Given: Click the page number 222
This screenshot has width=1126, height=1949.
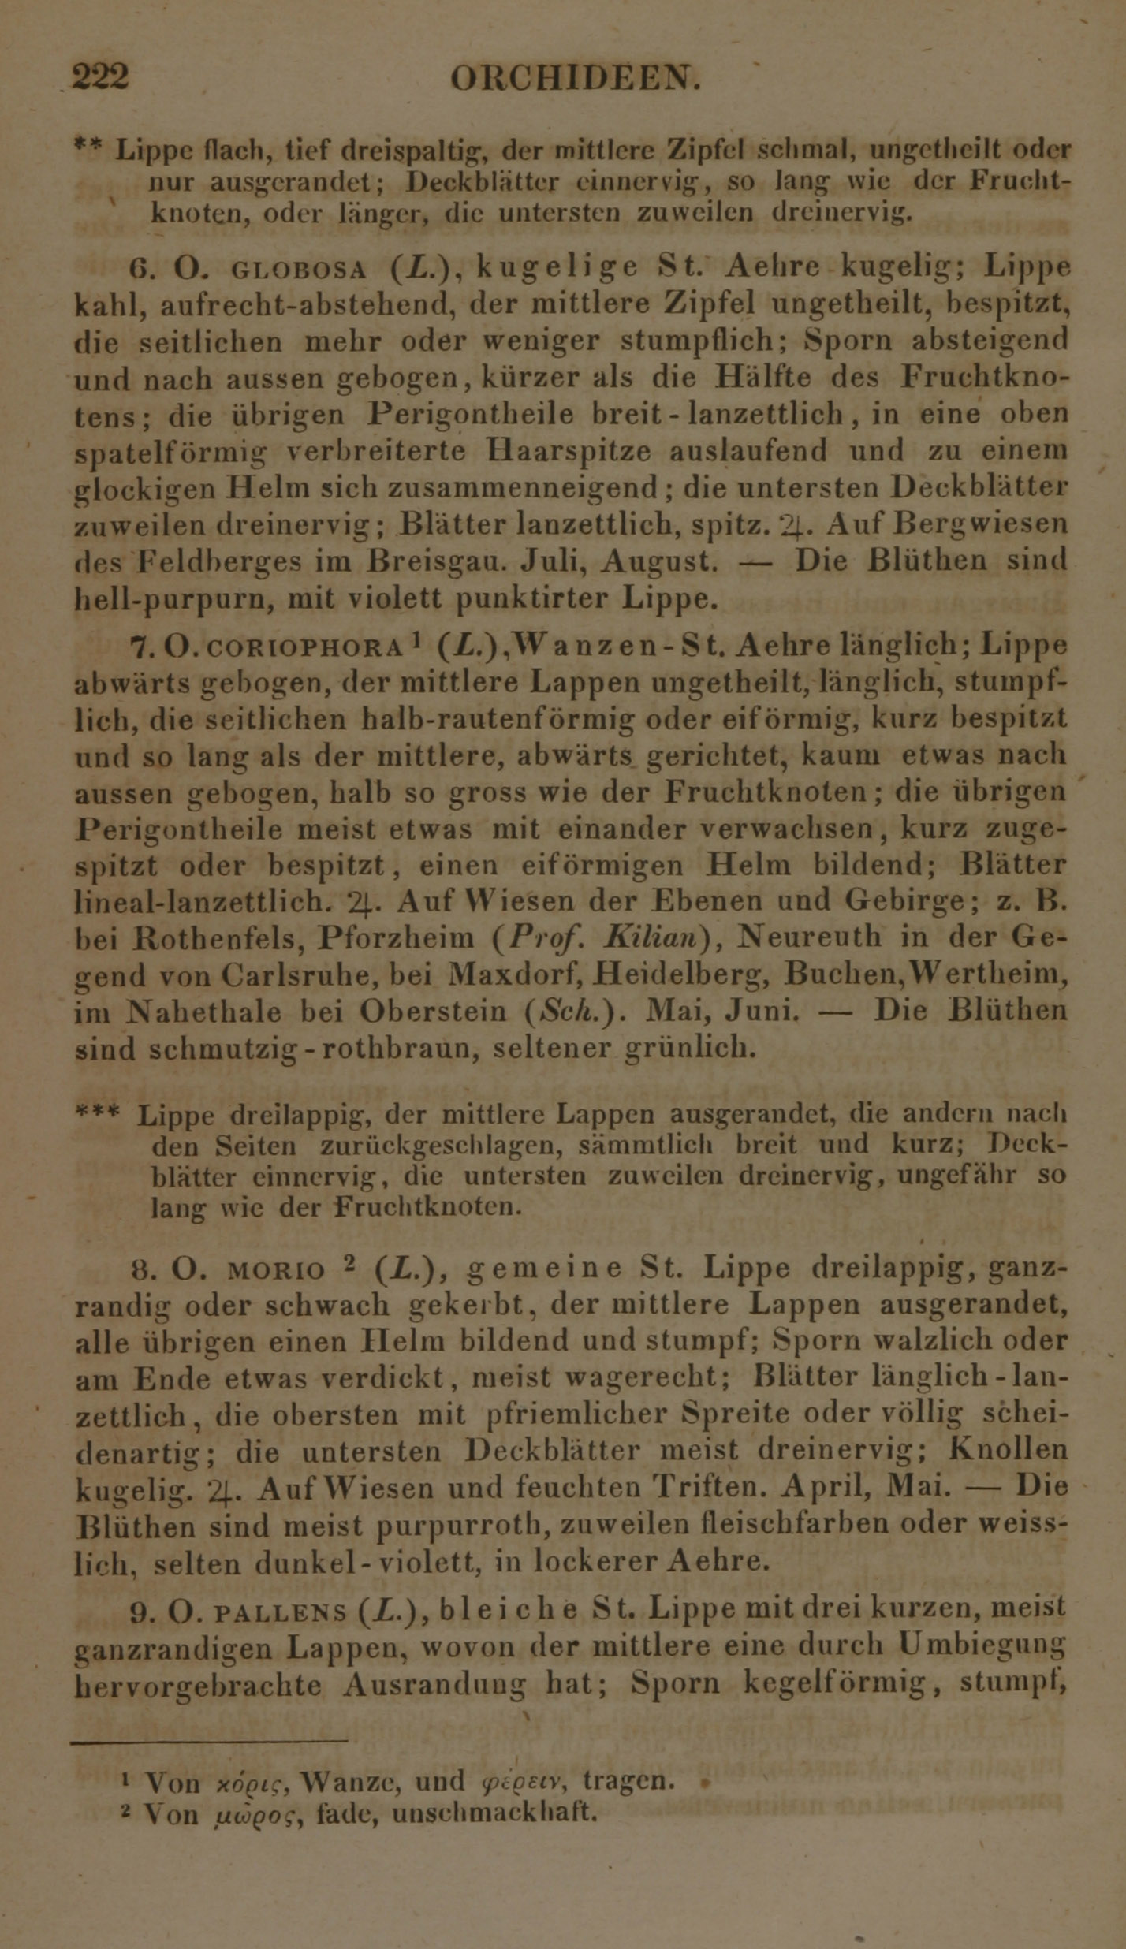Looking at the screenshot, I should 100,78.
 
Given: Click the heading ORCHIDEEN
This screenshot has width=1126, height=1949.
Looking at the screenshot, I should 575,78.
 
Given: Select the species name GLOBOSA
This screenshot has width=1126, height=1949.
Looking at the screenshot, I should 300,270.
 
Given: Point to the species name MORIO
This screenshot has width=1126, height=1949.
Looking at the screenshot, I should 275,1271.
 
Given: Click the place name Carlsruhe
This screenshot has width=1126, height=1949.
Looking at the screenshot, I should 299,976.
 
